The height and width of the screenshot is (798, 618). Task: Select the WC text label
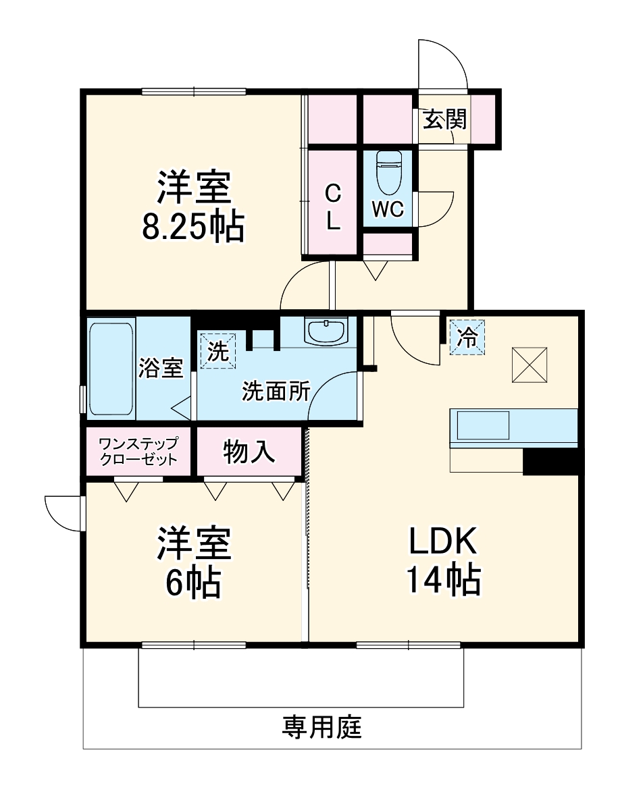tap(388, 210)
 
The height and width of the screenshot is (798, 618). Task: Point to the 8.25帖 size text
tap(192, 228)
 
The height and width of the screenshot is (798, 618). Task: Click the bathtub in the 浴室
tap(111, 369)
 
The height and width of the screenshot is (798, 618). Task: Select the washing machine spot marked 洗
tap(217, 352)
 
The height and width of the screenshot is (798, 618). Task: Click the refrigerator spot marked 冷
tap(467, 336)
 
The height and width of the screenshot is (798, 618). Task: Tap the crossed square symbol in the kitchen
tap(530, 364)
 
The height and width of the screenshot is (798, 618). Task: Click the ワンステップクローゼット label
tap(138, 452)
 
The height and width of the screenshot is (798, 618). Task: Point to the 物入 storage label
tap(249, 452)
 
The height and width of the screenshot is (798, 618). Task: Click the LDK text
tap(442, 541)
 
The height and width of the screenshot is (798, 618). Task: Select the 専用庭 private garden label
tap(322, 727)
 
